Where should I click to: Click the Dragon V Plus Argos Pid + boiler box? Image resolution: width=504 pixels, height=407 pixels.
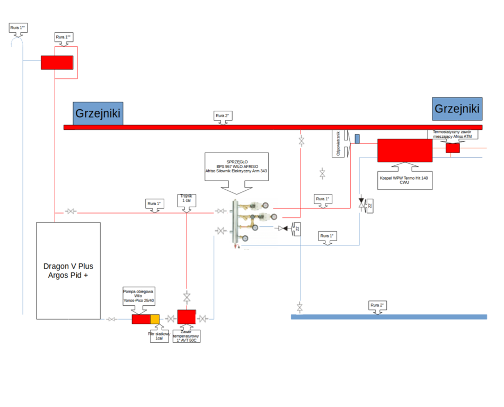click(x=68, y=270)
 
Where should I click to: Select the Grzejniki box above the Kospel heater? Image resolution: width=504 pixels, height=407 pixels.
click(x=457, y=109)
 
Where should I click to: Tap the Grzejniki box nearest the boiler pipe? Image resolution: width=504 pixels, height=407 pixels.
click(x=98, y=113)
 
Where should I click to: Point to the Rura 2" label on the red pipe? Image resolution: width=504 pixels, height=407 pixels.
click(x=223, y=116)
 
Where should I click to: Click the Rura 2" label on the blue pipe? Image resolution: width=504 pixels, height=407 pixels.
click(x=377, y=305)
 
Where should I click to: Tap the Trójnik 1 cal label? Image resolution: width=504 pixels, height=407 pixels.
click(x=186, y=199)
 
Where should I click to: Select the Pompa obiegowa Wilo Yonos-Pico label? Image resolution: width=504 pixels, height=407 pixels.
click(x=138, y=296)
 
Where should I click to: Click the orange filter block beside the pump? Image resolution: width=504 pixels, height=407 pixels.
click(x=155, y=319)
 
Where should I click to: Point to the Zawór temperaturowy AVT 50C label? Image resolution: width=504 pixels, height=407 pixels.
click(x=186, y=335)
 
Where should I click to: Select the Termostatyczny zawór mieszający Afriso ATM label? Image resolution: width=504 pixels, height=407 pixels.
click(x=452, y=135)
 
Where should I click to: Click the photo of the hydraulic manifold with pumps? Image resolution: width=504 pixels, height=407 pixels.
click(x=251, y=223)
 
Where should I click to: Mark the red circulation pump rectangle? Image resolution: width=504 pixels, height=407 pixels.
click(x=141, y=319)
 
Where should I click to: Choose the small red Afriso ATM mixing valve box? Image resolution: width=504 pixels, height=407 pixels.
click(x=452, y=148)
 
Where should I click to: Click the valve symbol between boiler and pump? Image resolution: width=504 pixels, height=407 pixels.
click(x=111, y=319)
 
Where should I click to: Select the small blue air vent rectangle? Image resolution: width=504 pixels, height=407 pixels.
click(x=357, y=138)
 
